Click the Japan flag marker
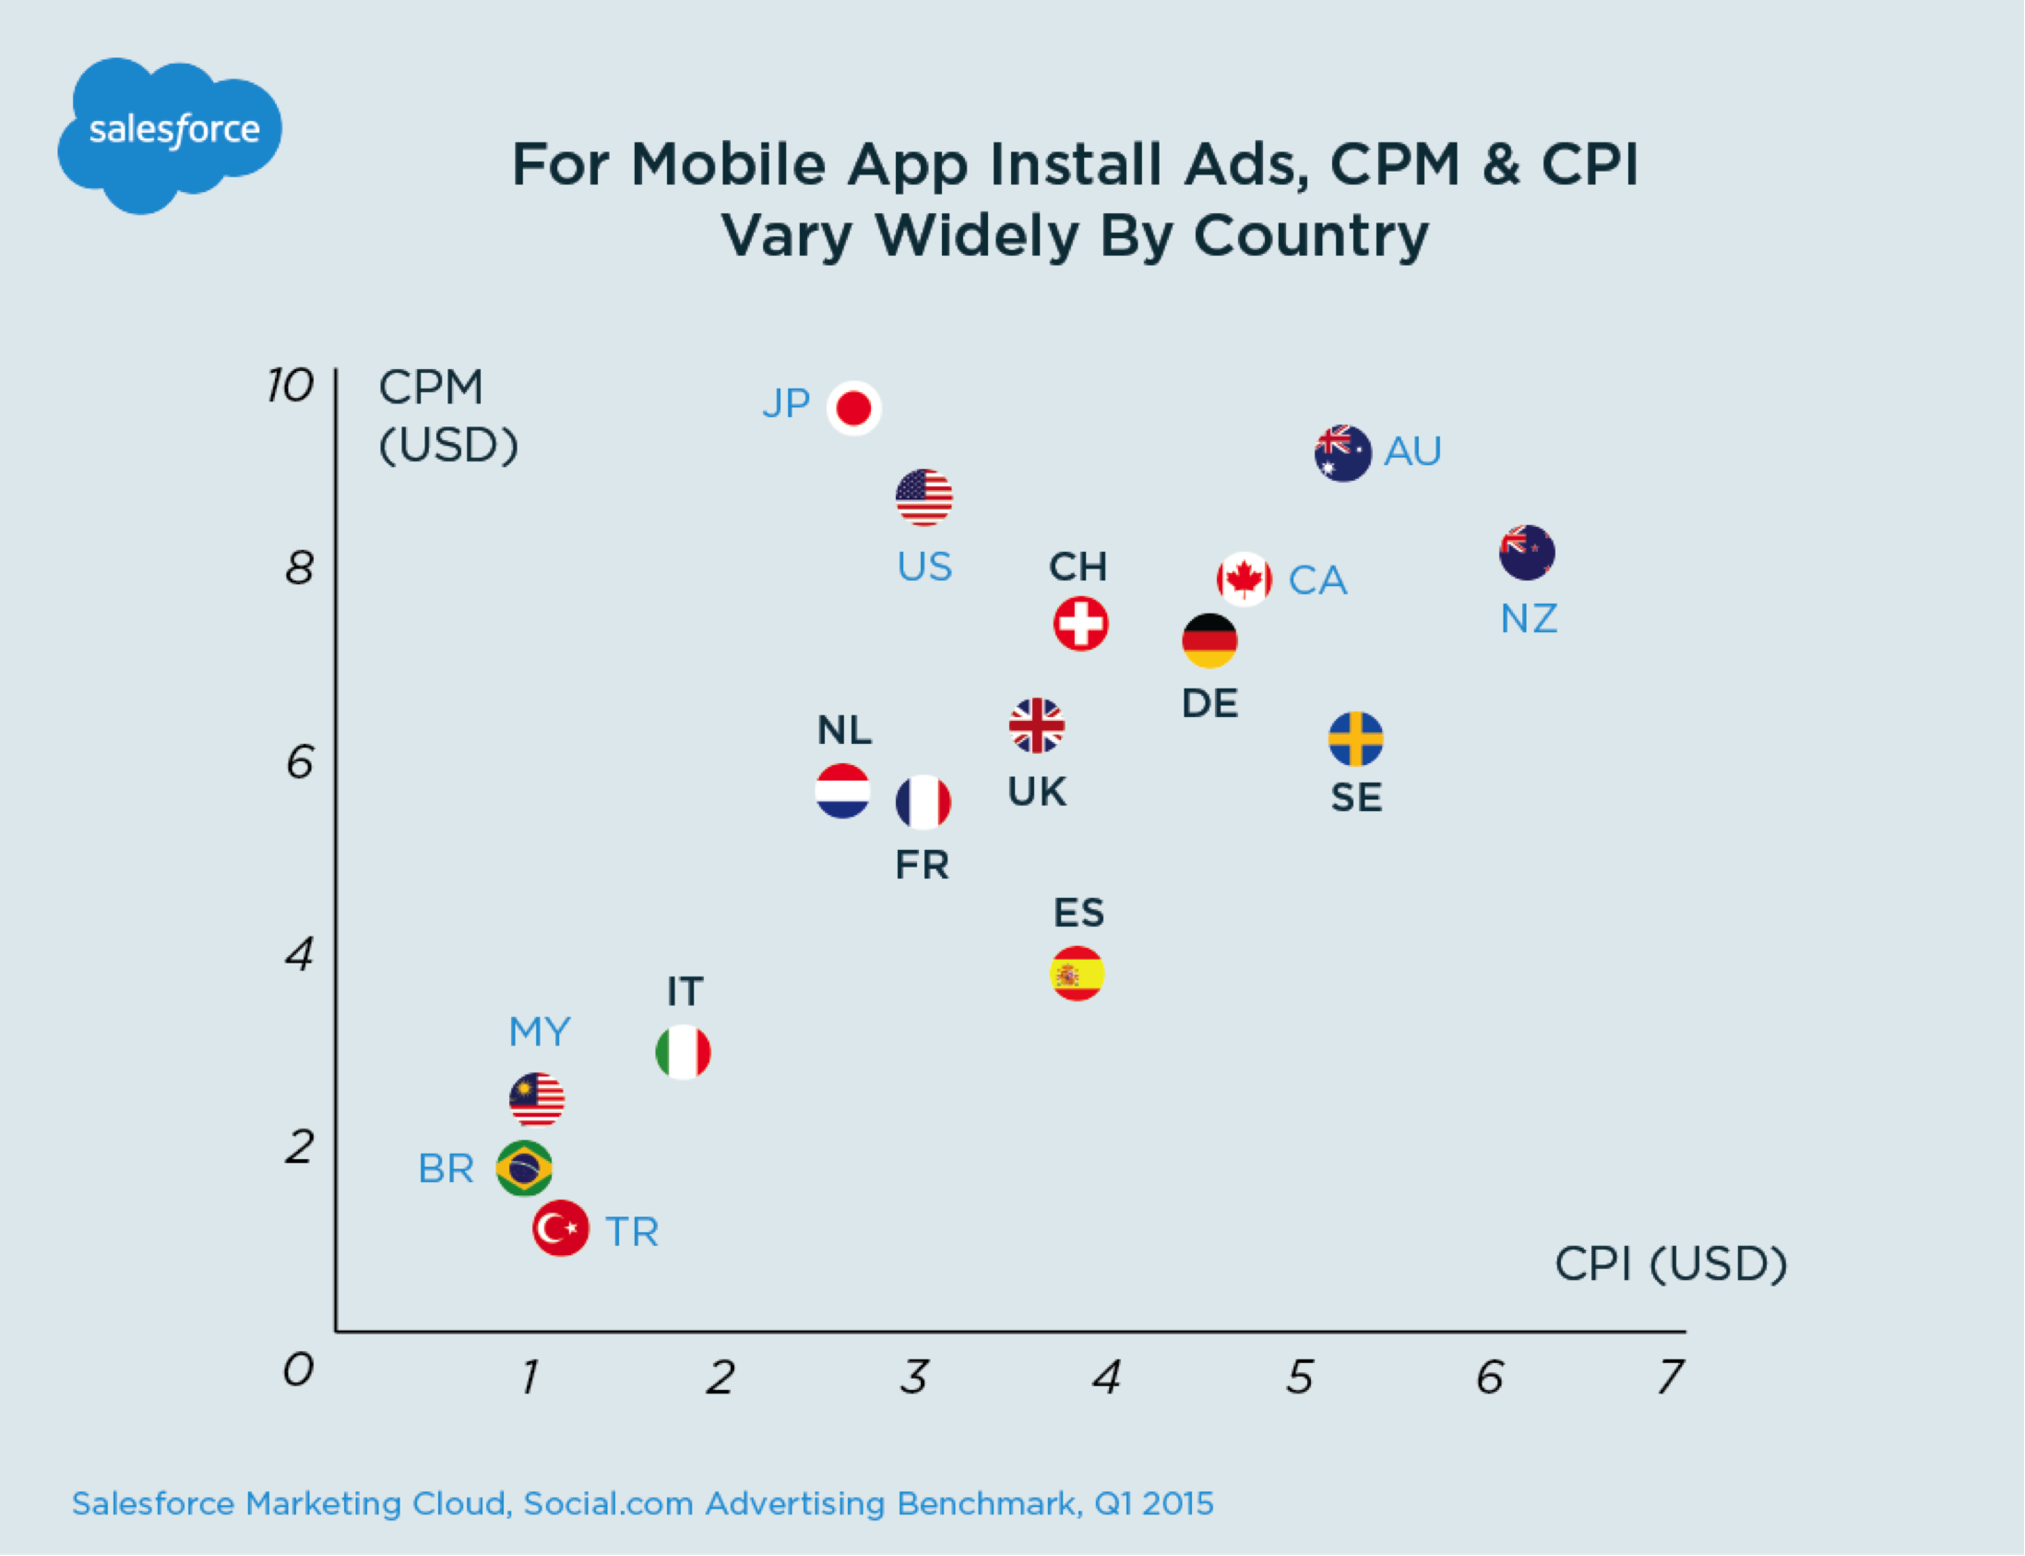[853, 408]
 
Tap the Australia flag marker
[1342, 453]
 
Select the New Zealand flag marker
[1527, 553]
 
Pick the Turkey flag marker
[560, 1228]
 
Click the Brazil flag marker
[524, 1168]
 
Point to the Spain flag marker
[1077, 974]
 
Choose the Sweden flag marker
[1355, 739]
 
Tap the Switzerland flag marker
[1080, 623]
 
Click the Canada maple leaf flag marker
[1244, 580]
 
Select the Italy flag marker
[684, 1052]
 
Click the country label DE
[1209, 704]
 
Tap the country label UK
[1037, 792]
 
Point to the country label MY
[540, 1032]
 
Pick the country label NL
[843, 731]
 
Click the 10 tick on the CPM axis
[290, 385]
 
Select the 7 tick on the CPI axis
[1672, 1377]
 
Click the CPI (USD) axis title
[1671, 1263]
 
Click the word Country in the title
[1311, 235]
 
